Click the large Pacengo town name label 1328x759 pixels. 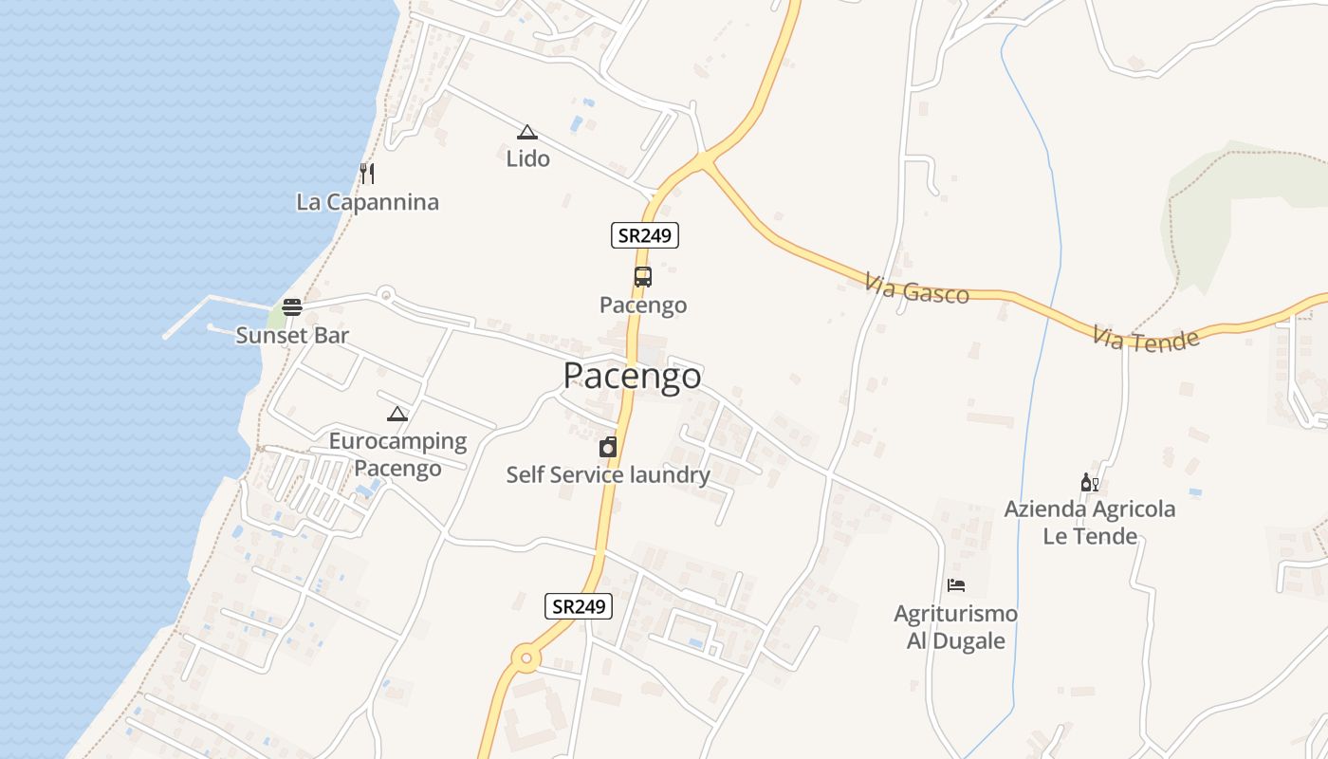(633, 376)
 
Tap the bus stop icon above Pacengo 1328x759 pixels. (643, 277)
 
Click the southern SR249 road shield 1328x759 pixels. (579, 606)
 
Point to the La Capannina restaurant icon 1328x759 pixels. (368, 173)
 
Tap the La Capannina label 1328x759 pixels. (368, 202)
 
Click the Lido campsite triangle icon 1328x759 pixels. (527, 132)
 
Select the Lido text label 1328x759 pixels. (527, 158)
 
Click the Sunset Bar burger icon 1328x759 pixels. (292, 307)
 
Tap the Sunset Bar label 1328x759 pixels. (292, 335)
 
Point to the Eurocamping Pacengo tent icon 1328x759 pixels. (397, 414)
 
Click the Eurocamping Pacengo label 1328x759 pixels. (397, 454)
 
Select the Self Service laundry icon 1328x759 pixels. (608, 447)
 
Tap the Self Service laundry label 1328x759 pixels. (608, 474)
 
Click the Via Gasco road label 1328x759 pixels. (917, 288)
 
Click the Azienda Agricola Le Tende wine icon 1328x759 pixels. (1089, 483)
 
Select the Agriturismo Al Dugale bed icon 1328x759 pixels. (956, 585)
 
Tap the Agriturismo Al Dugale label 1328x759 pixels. (955, 626)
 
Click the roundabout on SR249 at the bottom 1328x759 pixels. (526, 657)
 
